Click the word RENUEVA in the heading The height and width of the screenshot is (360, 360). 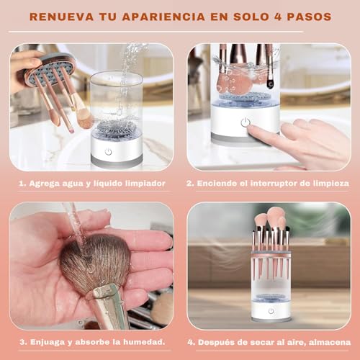(61, 17)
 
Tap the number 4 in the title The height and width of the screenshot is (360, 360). (278, 17)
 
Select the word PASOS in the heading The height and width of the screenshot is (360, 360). (310, 17)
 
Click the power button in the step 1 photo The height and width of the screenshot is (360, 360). (109, 152)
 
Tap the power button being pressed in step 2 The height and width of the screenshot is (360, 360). (245, 122)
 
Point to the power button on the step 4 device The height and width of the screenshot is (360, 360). (271, 311)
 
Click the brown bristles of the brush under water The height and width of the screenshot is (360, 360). (95, 259)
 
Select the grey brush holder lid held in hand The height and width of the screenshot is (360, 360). (48, 70)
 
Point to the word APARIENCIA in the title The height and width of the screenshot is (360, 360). (163, 17)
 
